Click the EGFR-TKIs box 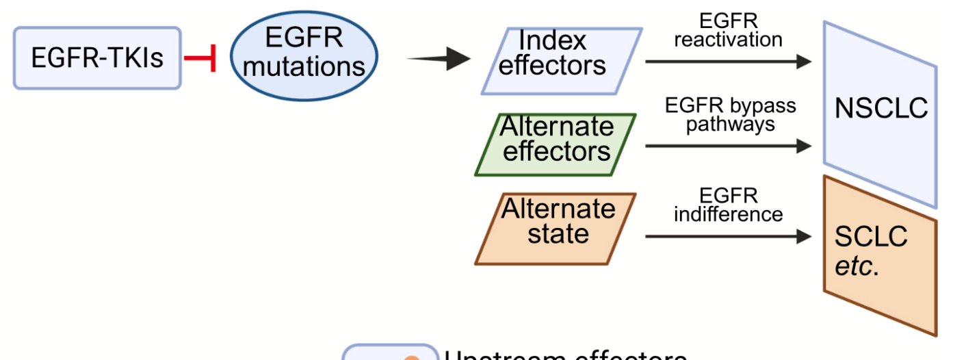(x=97, y=58)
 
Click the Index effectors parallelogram (x=561, y=60)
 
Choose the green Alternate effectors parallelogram (x=556, y=144)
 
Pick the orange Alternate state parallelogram (x=556, y=229)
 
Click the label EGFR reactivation (x=728, y=31)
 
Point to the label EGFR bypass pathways (x=730, y=115)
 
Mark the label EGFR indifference (x=728, y=205)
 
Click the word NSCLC (x=881, y=108)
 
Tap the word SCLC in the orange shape (x=871, y=237)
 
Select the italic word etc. (x=856, y=266)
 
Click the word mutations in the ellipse (x=304, y=66)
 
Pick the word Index (x=552, y=41)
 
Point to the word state (x=558, y=233)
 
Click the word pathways (x=730, y=124)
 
